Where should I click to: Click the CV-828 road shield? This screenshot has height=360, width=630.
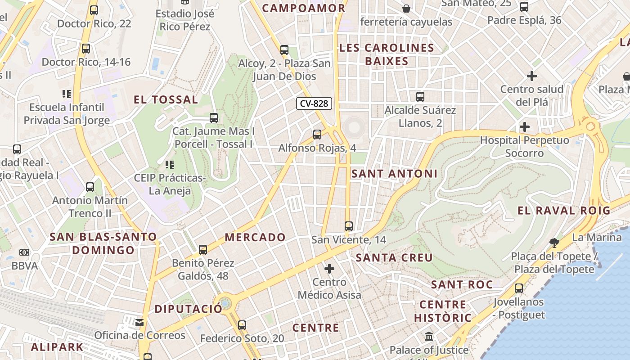[x=314, y=103]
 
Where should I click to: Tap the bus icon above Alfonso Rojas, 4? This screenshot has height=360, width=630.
[x=317, y=134]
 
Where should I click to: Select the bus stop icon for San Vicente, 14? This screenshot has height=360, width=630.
[x=349, y=226]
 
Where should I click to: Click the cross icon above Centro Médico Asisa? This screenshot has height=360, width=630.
[x=329, y=269]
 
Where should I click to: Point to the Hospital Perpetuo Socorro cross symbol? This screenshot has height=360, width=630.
[x=524, y=127]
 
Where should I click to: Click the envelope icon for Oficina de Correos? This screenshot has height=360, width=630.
[x=139, y=322]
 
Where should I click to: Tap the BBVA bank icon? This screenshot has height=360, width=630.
[x=24, y=252]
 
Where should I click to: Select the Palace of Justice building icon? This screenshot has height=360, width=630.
[x=429, y=337]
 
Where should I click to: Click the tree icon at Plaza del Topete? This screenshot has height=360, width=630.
[x=554, y=243]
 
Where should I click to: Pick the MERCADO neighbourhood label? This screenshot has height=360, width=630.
[x=255, y=237]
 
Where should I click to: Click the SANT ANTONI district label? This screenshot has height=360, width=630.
[x=394, y=174]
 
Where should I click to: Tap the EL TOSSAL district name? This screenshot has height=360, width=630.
[x=166, y=100]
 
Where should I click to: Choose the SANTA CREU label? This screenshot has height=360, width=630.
[x=394, y=258]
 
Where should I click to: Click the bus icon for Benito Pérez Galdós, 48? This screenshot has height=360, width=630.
[x=203, y=249]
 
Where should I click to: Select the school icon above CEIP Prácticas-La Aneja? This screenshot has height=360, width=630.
[x=170, y=165]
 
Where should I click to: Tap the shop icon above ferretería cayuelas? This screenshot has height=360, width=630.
[x=406, y=8]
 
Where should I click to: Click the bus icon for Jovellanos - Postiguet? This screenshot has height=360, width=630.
[x=519, y=288]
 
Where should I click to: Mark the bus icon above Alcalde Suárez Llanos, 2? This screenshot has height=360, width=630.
[x=420, y=96]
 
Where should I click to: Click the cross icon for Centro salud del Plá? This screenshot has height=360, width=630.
[x=532, y=76]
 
